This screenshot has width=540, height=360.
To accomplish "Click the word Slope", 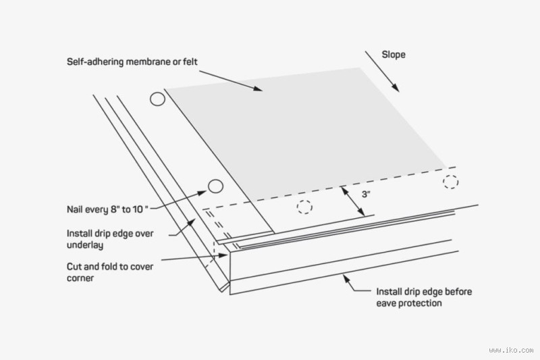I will coord(394,55).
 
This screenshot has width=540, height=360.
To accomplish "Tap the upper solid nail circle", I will coord(157,99).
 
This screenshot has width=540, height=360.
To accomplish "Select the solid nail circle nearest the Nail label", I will coord(215,186).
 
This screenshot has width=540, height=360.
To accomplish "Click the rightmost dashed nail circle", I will coord(450,181).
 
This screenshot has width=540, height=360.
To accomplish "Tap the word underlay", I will coord(86,246).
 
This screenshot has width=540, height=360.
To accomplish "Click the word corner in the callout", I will coord(81,278).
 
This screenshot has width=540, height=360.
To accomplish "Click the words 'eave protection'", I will coord(409,303).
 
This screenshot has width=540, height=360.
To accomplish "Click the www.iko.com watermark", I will coord(510,350).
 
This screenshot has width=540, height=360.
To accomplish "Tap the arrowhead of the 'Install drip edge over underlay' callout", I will coord(196,220).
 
